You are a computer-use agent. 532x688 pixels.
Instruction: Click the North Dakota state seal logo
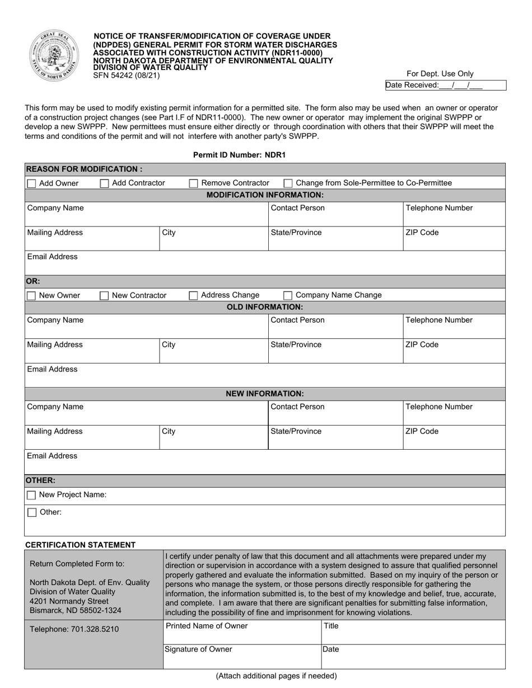54,56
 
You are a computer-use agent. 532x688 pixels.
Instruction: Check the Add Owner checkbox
31,183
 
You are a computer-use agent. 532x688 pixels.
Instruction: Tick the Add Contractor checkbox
104,183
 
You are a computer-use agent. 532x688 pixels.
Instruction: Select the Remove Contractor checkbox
193,183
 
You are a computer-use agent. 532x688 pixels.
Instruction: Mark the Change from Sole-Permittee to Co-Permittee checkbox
288,183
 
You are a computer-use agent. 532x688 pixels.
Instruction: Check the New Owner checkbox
31,296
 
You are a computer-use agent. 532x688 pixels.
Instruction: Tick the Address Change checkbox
193,296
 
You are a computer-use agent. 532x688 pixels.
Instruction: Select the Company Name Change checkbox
288,296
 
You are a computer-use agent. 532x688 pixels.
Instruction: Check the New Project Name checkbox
31,495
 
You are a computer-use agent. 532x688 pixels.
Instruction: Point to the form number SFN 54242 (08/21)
127,75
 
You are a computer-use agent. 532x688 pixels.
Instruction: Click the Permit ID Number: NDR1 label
239,155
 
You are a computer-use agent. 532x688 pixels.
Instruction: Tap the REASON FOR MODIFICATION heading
84,169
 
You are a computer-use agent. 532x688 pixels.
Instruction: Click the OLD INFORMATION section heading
264,307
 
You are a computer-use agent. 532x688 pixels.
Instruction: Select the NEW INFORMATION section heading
264,394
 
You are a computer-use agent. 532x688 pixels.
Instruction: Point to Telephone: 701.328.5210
74,629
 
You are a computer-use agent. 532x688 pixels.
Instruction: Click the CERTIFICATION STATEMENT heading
80,545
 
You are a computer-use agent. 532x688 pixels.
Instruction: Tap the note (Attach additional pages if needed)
276,676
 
